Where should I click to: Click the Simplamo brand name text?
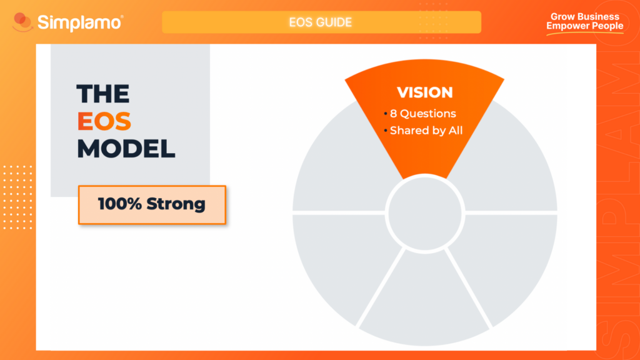[x=79, y=22]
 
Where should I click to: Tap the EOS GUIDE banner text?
[x=321, y=22]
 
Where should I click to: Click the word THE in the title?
[x=103, y=94]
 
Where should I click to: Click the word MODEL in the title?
[x=126, y=149]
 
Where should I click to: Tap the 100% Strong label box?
[x=152, y=204]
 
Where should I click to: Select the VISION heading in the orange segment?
[x=425, y=92]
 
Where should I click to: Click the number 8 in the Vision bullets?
[x=394, y=114]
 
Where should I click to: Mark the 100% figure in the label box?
[x=121, y=204]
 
